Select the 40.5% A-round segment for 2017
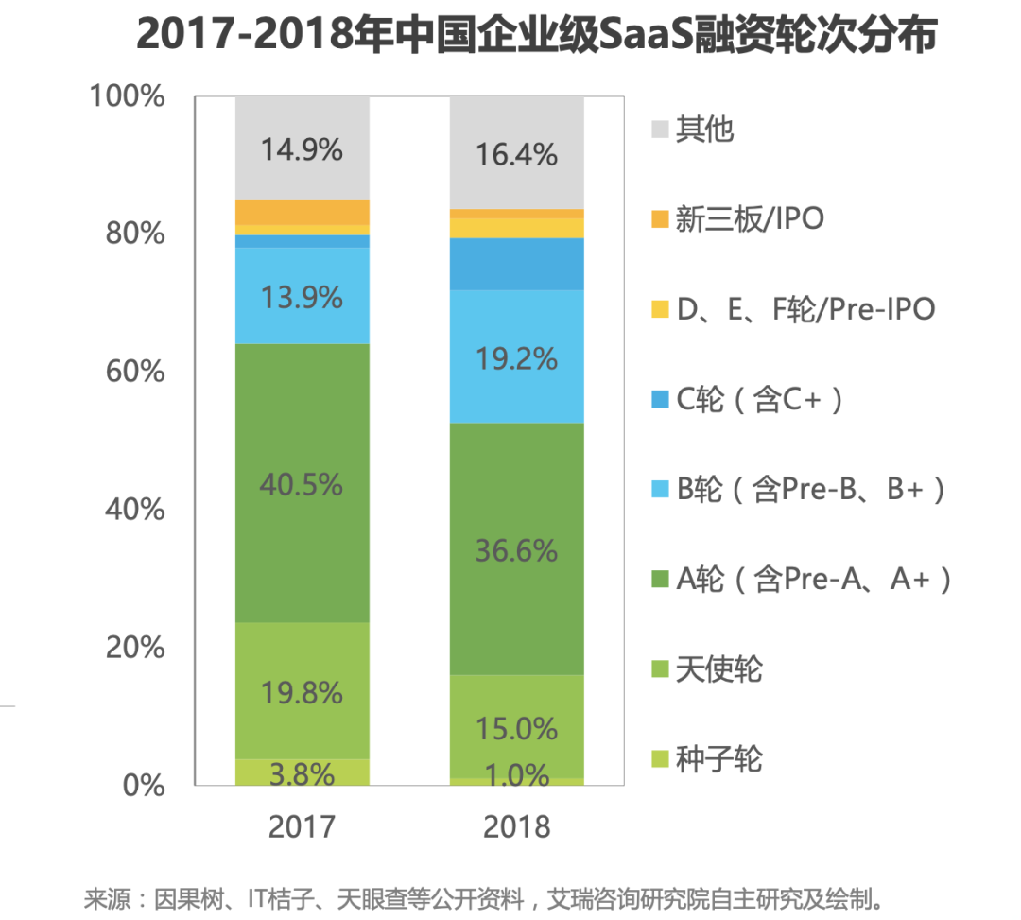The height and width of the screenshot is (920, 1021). tap(303, 483)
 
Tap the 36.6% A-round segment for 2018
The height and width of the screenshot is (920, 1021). tap(516, 549)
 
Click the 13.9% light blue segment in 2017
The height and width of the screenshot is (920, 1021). tap(303, 297)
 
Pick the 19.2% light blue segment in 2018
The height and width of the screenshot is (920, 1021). tap(516, 357)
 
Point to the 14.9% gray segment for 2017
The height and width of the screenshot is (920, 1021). tap(303, 148)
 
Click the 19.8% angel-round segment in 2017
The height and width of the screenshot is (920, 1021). tap(303, 691)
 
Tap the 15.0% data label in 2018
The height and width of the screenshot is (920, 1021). tap(516, 728)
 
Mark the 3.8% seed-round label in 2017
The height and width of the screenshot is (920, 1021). tap(303, 773)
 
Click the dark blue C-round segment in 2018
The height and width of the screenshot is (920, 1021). tap(516, 264)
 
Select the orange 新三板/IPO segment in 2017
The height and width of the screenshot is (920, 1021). tap(303, 212)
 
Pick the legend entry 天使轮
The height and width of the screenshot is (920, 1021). tap(718, 669)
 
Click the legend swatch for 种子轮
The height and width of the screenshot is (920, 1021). tap(661, 759)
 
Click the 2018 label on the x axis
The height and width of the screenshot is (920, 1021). tap(516, 826)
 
